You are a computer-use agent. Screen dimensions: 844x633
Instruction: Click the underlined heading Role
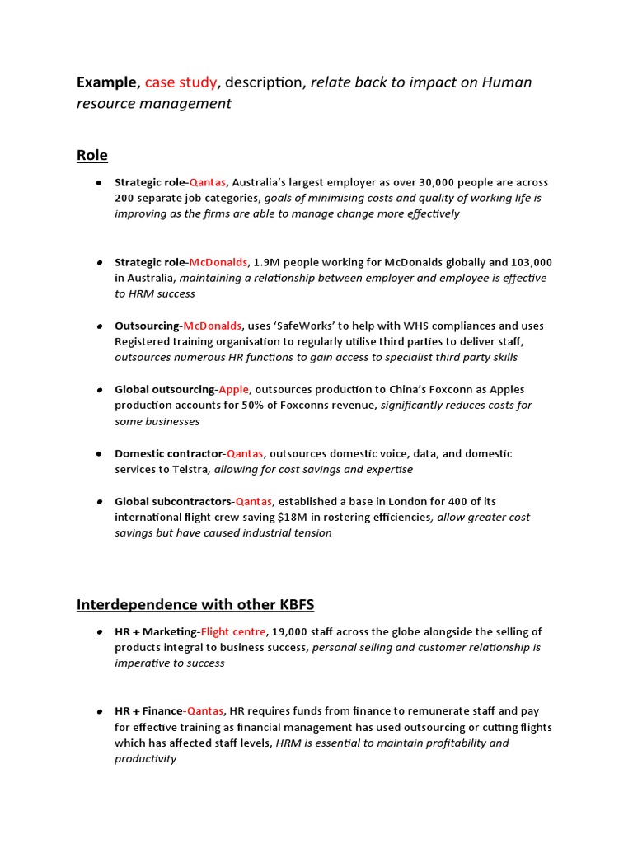(91, 155)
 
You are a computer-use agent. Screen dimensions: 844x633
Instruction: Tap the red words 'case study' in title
(181, 82)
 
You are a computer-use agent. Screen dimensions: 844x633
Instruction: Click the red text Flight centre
(233, 631)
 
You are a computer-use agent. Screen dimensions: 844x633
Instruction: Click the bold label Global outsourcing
(164, 389)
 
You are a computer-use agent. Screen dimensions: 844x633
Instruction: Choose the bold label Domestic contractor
(169, 453)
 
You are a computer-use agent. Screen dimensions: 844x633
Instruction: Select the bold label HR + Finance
(148, 710)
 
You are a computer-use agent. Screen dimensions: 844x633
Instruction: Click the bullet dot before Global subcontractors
(98, 501)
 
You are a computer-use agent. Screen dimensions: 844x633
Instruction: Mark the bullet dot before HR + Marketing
(98, 631)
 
